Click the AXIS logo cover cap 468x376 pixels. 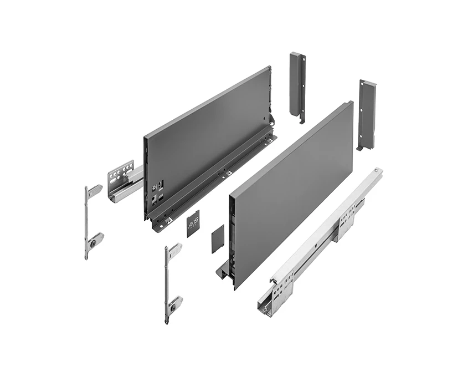coord(192,223)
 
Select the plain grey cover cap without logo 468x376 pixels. coord(217,238)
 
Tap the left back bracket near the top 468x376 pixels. coord(297,83)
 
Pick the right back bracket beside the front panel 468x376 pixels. coord(366,114)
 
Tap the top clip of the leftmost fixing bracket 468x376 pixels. coord(94,190)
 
